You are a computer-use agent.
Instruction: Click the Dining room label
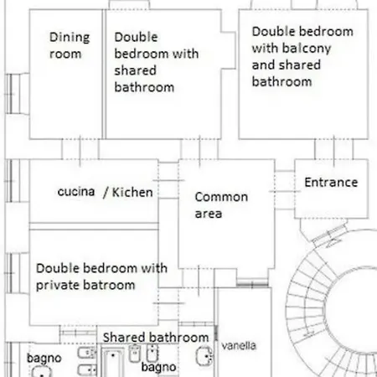tap(70, 45)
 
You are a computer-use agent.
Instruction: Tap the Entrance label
tap(331, 183)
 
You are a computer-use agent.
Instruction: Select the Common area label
tap(221, 205)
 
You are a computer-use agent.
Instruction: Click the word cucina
tap(76, 192)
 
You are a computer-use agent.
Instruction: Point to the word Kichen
tap(132, 192)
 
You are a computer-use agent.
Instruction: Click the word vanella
tap(239, 346)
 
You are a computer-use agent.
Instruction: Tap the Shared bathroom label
tap(156, 338)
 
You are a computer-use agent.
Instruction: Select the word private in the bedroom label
tap(58, 286)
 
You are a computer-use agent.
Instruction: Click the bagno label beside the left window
tap(44, 359)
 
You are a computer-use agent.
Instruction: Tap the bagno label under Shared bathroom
tap(158, 367)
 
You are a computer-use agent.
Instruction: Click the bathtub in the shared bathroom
tap(112, 363)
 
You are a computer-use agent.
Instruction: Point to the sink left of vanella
tap(204, 357)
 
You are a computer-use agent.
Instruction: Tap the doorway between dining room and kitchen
tap(80, 149)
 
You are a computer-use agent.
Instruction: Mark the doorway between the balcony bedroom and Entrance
tap(334, 149)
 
